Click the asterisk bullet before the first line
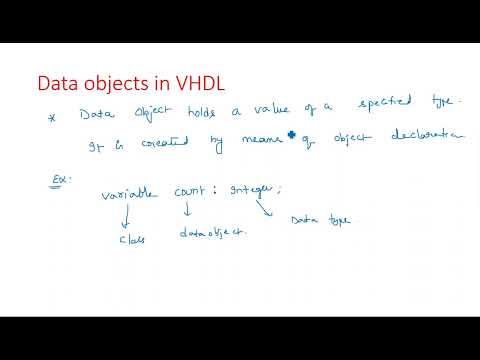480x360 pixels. pos(52,118)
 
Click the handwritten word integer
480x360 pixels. pos(257,192)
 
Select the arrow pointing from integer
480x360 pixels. pos(265,208)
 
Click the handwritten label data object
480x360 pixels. pos(213,233)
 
